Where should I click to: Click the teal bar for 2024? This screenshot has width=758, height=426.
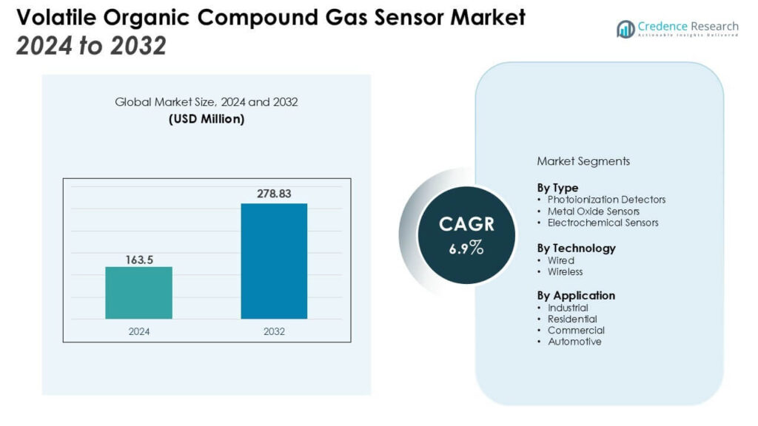click(x=138, y=293)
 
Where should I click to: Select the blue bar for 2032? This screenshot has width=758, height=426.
click(x=274, y=261)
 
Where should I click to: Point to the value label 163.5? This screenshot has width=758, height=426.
click(x=138, y=260)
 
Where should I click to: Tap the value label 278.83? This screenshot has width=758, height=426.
click(x=274, y=194)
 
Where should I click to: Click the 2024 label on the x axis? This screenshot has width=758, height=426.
click(x=138, y=331)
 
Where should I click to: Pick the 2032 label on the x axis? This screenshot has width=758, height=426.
click(x=274, y=331)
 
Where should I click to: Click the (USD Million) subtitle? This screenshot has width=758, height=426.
click(x=206, y=119)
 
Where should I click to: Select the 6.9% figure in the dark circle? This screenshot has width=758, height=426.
click(x=466, y=248)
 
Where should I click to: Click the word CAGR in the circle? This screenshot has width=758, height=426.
click(x=466, y=224)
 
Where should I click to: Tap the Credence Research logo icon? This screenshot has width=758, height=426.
click(x=625, y=29)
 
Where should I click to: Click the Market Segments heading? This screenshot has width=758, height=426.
click(x=583, y=160)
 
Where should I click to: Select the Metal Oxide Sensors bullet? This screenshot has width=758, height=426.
click(x=593, y=211)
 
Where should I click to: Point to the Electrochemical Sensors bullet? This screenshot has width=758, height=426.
click(x=603, y=223)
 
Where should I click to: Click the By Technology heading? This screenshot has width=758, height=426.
click(x=576, y=248)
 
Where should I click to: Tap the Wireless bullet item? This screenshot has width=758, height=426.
click(x=565, y=271)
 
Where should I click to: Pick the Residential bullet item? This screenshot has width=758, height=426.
click(x=572, y=319)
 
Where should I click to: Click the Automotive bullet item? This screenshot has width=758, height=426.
click(x=574, y=342)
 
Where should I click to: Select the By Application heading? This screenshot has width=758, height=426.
click(x=576, y=295)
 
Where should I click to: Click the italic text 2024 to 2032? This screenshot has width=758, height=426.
click(x=90, y=46)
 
